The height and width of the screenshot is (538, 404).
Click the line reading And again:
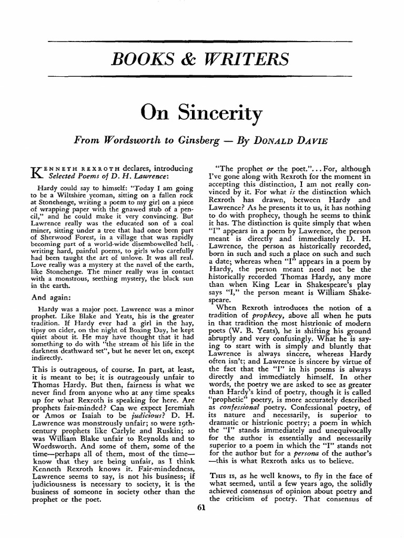pyautogui.click(x=53, y=297)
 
